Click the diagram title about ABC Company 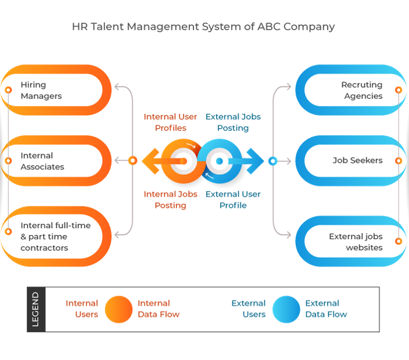click(x=203, y=26)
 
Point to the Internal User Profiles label click(x=170, y=122)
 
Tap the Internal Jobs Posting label click(x=170, y=200)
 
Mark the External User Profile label click(x=233, y=200)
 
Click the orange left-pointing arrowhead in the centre click(x=150, y=161)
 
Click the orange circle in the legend click(x=119, y=309)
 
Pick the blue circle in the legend click(x=286, y=309)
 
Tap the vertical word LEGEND click(x=35, y=309)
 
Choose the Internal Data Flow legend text click(x=159, y=309)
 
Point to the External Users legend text click(x=249, y=309)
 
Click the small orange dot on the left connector click(x=132, y=161)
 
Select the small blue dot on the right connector click(x=272, y=161)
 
